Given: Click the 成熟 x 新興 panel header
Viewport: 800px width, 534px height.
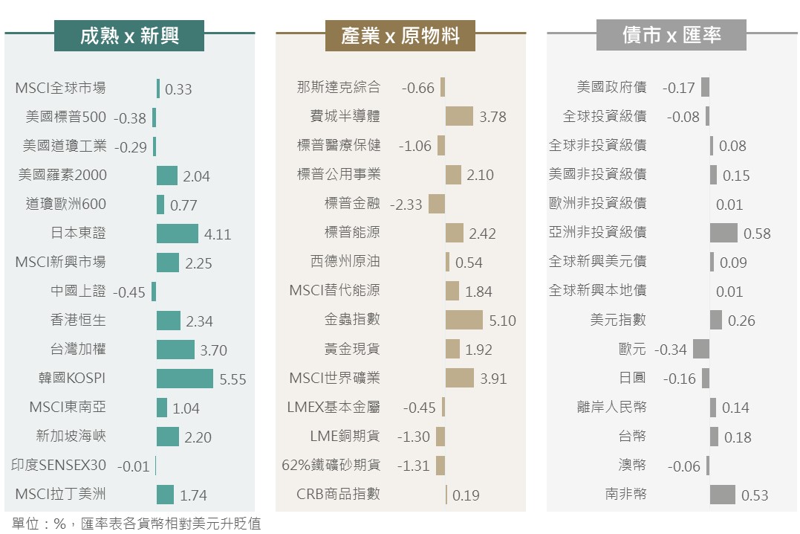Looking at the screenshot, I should tap(129, 35).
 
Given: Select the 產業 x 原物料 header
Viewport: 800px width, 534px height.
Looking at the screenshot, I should tap(400, 35).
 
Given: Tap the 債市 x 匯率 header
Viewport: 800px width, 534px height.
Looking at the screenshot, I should tap(671, 35).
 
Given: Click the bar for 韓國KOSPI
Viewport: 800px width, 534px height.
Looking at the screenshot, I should tap(184, 379).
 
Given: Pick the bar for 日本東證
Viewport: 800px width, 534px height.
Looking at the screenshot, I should tap(177, 234).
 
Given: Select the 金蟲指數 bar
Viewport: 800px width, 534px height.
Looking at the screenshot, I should tap(464, 320).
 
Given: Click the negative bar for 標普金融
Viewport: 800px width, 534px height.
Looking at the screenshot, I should tap(437, 204).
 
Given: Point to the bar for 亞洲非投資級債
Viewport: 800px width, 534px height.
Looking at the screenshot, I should tap(723, 233).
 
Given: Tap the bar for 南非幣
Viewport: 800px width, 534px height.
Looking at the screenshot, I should tap(722, 495).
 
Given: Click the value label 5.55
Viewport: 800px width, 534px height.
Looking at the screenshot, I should tap(232, 379).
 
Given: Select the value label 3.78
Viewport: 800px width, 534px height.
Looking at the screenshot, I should tap(492, 117).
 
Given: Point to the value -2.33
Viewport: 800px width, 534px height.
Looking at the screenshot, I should tap(406, 204).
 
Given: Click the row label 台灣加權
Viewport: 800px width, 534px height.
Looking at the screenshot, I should tap(78, 349).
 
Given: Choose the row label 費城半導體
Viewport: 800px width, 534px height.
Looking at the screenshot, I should tap(345, 117).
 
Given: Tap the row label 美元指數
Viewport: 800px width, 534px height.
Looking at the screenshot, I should tap(618, 320).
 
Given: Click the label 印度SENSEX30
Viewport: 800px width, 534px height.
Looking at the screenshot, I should tap(59, 466).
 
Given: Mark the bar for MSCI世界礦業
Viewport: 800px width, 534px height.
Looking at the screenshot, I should tap(459, 378).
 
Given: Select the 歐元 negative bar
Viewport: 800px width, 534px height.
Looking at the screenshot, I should tap(700, 349).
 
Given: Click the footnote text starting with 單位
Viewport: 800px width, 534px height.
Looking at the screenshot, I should tap(136, 524).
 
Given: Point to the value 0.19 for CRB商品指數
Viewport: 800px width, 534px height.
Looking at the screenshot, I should tap(466, 495).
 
